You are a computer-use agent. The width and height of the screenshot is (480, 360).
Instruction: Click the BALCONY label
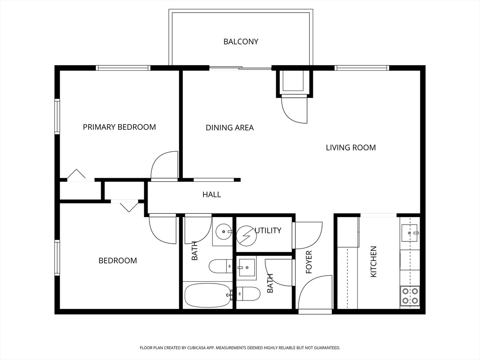click(240, 42)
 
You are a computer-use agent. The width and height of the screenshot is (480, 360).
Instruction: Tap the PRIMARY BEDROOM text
click(120, 127)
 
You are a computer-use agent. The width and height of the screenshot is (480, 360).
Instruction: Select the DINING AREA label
click(230, 127)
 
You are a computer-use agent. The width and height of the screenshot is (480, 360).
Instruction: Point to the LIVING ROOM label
click(351, 148)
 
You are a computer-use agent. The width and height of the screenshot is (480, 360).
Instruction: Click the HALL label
click(211, 195)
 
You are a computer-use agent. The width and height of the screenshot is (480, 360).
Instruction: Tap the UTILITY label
click(268, 231)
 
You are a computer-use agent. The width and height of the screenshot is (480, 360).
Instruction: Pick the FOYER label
click(309, 262)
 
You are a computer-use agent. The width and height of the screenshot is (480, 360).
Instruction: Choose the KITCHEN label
click(374, 262)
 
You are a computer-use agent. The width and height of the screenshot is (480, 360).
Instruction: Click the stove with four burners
click(410, 296)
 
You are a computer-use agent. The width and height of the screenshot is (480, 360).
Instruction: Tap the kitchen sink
click(410, 232)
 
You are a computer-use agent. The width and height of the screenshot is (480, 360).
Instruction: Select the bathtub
click(208, 295)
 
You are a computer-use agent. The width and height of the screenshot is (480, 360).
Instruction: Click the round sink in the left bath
click(224, 232)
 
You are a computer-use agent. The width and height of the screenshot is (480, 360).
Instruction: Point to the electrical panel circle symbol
click(247, 236)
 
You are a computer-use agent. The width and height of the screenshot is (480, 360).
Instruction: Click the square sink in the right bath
click(247, 267)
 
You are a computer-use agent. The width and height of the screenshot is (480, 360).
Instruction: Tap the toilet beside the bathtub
click(221, 266)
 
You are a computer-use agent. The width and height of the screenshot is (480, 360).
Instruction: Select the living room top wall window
click(361, 68)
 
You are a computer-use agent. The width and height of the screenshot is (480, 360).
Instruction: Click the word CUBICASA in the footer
click(199, 348)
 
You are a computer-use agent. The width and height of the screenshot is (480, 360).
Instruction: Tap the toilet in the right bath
click(248, 294)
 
